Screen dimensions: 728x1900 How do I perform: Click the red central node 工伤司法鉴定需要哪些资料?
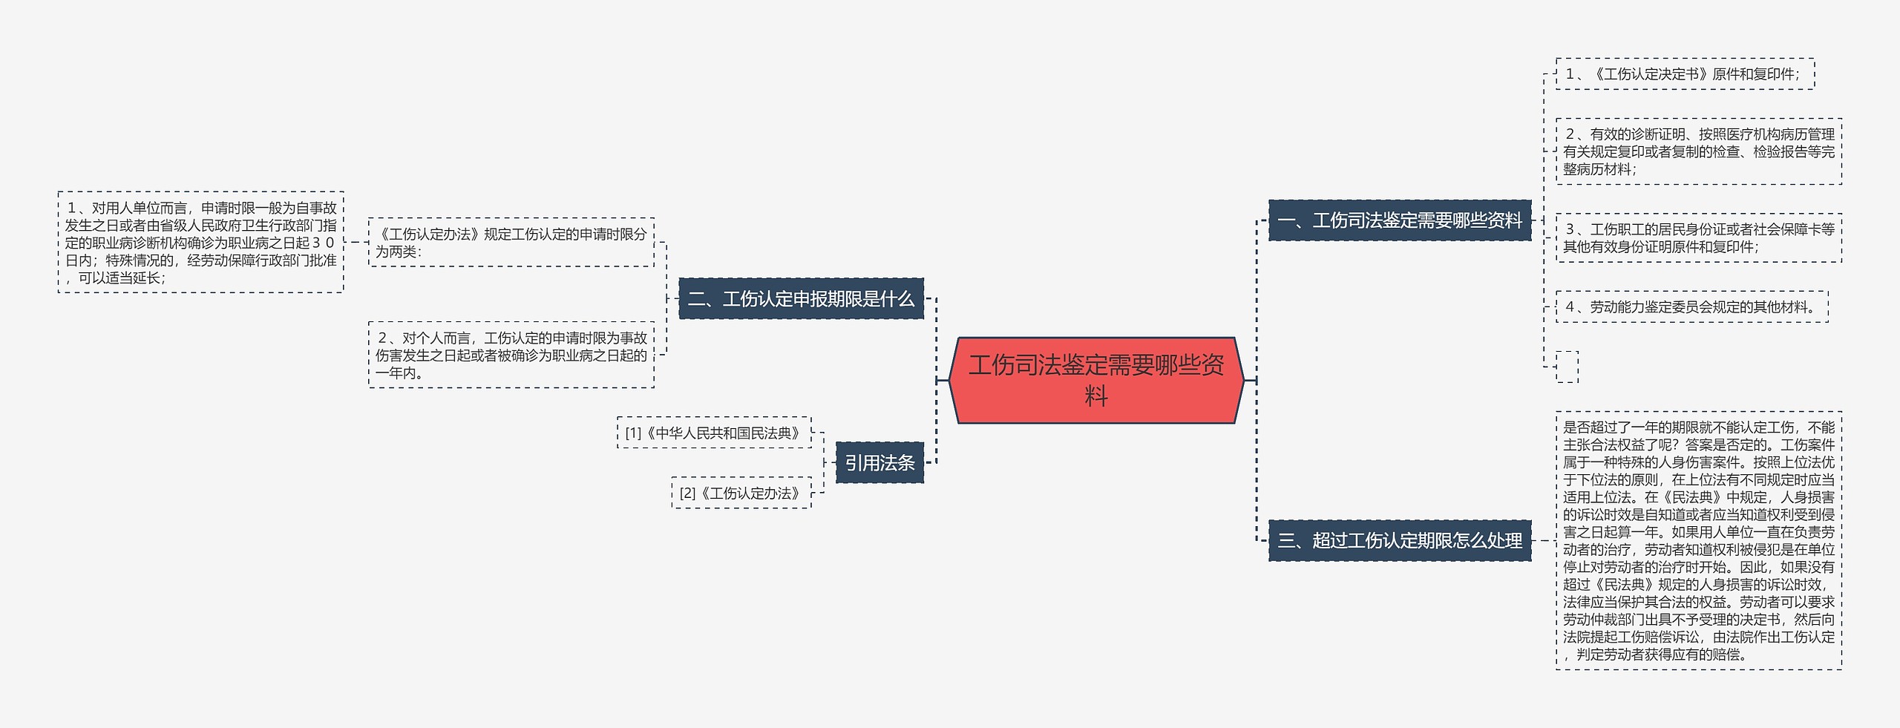(x=1096, y=380)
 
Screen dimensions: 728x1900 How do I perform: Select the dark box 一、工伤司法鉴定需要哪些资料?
(x=1400, y=220)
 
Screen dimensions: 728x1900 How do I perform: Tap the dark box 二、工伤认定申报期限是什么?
(x=801, y=299)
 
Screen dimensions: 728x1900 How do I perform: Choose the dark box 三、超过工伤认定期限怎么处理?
(x=1400, y=541)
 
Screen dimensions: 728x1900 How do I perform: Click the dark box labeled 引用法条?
(x=879, y=463)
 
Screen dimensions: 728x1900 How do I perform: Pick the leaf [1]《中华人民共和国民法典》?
(x=714, y=433)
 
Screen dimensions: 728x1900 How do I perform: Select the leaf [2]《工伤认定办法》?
(x=741, y=493)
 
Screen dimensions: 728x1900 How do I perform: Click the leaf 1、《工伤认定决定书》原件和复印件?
(x=1685, y=74)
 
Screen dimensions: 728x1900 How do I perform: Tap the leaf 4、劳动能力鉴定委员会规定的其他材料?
(x=1691, y=306)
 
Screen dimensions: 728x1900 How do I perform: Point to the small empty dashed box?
(x=1567, y=367)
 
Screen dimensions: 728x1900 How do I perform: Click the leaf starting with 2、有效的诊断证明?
(x=1698, y=151)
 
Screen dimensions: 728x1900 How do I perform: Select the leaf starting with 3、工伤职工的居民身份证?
(x=1698, y=237)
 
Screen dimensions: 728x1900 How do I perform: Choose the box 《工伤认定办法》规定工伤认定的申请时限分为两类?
(x=511, y=242)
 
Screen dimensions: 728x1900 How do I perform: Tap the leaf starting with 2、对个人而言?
(x=511, y=355)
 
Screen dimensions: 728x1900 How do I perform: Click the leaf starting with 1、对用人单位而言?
(x=200, y=243)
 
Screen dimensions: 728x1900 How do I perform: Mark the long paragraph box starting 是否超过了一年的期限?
(x=1698, y=541)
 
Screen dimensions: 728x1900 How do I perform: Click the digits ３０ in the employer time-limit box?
(x=323, y=243)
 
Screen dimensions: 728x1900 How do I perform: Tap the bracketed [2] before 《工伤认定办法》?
(x=688, y=493)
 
